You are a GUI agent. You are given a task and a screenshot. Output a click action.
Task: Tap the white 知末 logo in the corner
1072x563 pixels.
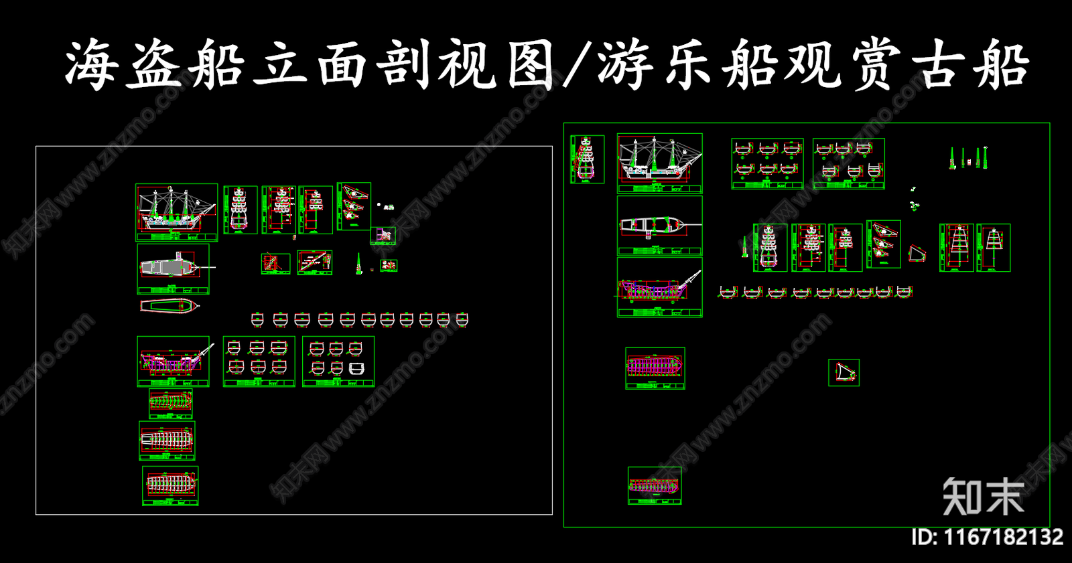point(983,497)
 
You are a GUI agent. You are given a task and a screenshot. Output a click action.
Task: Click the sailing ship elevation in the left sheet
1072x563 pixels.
point(176,212)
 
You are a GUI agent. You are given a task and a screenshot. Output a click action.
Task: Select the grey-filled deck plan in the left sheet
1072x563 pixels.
point(173,268)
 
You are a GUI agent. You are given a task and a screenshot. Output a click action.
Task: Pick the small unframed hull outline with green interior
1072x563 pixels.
point(170,306)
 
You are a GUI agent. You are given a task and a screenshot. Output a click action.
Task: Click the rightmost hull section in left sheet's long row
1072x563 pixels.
point(462,319)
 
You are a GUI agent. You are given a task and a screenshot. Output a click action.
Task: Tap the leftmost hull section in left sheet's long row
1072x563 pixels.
point(257,319)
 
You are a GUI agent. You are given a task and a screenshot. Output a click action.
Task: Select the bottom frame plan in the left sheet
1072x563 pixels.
point(170,485)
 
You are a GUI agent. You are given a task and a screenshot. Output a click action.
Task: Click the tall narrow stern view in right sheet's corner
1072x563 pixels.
point(587,159)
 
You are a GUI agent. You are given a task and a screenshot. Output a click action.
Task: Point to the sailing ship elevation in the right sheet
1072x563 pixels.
point(659,163)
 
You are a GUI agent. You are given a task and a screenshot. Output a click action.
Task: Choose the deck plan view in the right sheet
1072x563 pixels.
point(659,226)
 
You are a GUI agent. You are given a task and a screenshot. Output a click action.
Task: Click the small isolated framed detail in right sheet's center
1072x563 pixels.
point(844,372)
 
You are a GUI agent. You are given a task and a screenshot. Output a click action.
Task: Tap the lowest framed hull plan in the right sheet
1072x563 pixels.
point(654,485)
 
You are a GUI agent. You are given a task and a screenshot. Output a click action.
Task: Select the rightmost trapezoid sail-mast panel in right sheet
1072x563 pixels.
point(993,247)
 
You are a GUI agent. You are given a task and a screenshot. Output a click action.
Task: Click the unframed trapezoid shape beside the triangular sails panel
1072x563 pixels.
point(917,254)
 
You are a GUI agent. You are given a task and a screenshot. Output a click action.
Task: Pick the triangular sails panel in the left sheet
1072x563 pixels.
point(354,206)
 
